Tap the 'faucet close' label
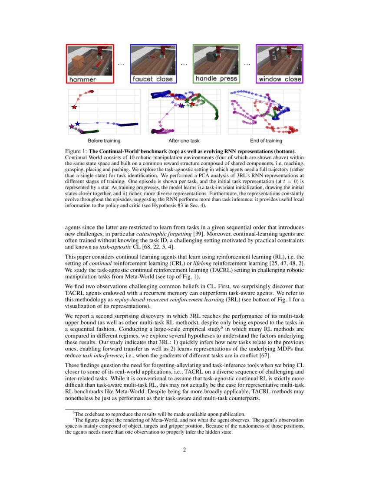[153, 79]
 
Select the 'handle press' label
[216, 79]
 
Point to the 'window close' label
[280, 79]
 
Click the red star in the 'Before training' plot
[74, 107]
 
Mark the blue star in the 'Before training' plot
[77, 124]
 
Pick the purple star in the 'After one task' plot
[181, 105]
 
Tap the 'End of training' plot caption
[266, 141]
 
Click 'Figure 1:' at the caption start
[76, 151]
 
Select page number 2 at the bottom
[184, 450]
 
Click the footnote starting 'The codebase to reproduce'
[161, 414]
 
